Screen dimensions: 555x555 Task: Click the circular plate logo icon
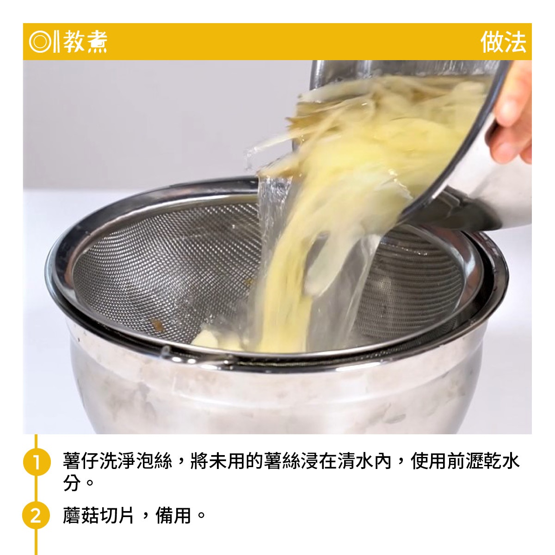click(x=40, y=42)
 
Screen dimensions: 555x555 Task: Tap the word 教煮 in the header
click(x=85, y=42)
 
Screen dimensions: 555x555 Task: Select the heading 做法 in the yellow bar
click(x=503, y=42)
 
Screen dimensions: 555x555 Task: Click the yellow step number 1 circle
click(x=36, y=462)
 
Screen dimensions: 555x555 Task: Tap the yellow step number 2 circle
click(x=36, y=515)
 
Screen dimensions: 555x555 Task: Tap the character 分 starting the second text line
click(x=72, y=482)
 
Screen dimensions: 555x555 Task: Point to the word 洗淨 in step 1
click(x=117, y=461)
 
